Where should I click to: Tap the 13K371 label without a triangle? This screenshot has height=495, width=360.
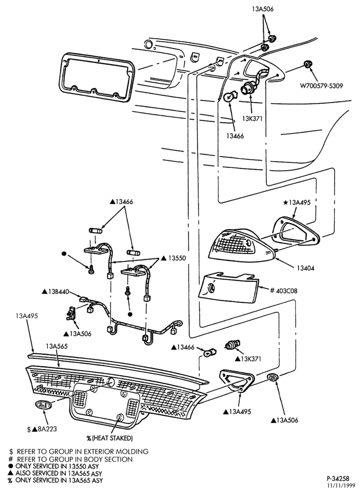pos(252,119)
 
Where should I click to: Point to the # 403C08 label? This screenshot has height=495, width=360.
pos(283,290)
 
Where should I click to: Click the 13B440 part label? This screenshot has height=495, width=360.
pos(56,291)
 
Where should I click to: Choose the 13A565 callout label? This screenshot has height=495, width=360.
pos(57,346)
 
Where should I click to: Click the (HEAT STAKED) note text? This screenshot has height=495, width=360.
pos(110,438)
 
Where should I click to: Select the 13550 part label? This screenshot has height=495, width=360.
pos(174,258)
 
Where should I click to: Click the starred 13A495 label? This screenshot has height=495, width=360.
pos(297,203)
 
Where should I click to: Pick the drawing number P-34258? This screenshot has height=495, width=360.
pos(338,478)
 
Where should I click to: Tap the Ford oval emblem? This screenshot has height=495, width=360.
pos(42,405)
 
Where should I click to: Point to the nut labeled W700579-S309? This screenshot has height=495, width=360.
pos(306,64)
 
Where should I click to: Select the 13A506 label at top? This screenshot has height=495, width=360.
pos(263,9)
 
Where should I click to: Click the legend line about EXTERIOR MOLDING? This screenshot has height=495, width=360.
pos(79,451)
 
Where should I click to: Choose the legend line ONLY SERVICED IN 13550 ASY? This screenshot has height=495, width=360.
pos(54,466)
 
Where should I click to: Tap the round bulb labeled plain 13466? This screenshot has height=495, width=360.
pos(229,97)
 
